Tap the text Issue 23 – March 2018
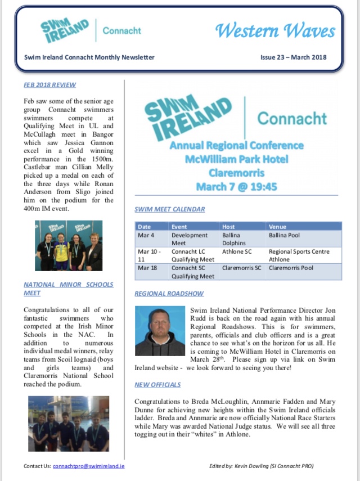click(x=292, y=57)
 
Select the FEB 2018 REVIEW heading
click(x=50, y=84)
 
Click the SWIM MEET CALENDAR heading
click(x=169, y=209)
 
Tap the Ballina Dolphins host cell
click(x=236, y=239)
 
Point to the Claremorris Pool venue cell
click(x=291, y=268)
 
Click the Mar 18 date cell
click(x=147, y=268)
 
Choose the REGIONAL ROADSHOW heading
click(x=169, y=294)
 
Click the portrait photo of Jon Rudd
click(x=160, y=331)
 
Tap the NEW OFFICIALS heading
click(x=157, y=385)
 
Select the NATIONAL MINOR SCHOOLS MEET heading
click(x=68, y=289)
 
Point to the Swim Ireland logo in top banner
click(x=64, y=30)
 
